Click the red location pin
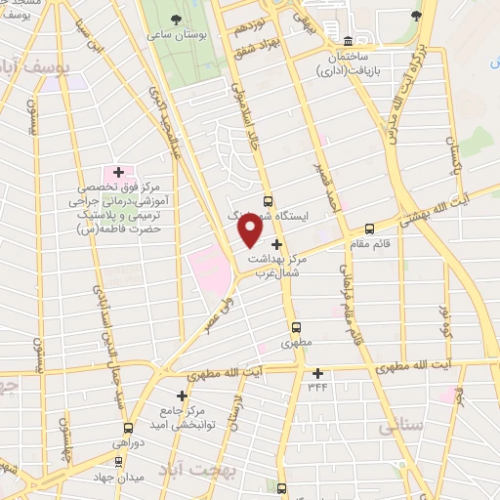(250, 229)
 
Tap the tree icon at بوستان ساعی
(175, 21)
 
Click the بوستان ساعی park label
(177, 36)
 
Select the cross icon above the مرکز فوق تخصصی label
(118, 172)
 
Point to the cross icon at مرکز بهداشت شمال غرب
(277, 244)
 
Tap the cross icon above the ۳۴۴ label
(317, 372)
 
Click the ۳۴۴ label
(317, 388)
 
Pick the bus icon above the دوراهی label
(128, 427)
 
